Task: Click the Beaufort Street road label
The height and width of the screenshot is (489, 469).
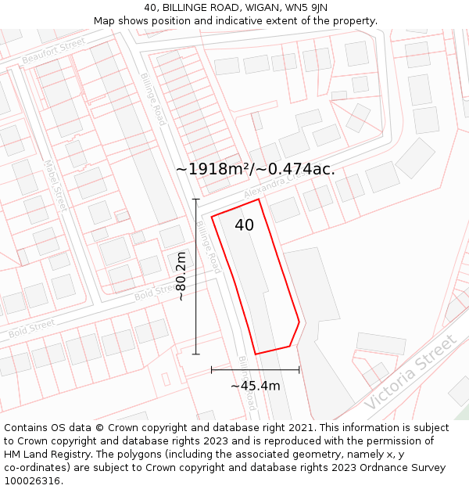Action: point(53,52)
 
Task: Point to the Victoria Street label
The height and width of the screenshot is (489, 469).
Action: point(410,373)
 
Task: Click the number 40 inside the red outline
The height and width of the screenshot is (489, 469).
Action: point(244,225)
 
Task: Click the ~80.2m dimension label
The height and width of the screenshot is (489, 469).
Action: point(181,275)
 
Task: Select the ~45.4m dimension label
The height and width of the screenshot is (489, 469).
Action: point(255,385)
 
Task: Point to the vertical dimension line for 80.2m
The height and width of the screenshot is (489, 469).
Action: point(195,276)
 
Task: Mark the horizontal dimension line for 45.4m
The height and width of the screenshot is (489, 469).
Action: point(255,369)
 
